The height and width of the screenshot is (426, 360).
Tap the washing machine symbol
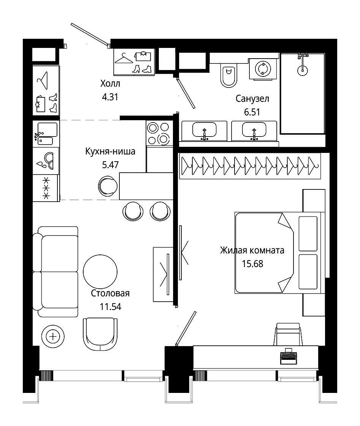(x=263, y=68)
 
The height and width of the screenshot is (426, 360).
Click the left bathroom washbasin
(x=204, y=131)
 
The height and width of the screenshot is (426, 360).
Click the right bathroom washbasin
(x=254, y=131)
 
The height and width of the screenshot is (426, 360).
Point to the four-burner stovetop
(x=158, y=133)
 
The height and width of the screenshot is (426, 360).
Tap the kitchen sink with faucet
(x=46, y=134)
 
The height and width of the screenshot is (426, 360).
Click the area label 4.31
(x=110, y=97)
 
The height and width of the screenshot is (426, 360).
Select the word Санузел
(x=252, y=99)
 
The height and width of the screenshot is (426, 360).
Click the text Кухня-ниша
(x=110, y=151)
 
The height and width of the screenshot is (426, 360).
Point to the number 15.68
(x=252, y=264)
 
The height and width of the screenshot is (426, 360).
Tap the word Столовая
(x=110, y=293)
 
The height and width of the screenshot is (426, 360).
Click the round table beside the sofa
(x=100, y=272)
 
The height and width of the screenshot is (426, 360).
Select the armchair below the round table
(x=100, y=334)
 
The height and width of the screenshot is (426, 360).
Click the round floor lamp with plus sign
(x=53, y=337)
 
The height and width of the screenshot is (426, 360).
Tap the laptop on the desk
(x=288, y=356)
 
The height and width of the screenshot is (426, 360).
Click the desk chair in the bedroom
(x=288, y=334)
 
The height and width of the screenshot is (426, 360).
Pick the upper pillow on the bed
(x=308, y=234)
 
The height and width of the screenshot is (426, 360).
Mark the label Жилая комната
(x=252, y=250)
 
